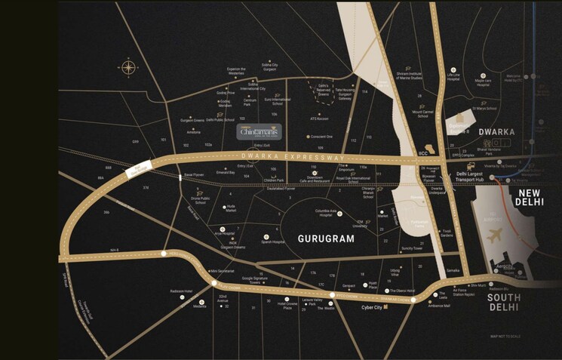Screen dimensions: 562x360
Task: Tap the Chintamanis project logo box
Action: click(260, 131)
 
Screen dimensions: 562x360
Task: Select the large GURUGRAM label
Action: click(325, 238)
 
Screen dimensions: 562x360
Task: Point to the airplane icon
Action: click(495, 236)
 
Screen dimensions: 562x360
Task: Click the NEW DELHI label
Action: click(536, 197)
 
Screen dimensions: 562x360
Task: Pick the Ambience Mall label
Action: click(441, 305)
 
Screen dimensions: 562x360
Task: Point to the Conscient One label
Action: click(321, 137)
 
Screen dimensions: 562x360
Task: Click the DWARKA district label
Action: click(496, 131)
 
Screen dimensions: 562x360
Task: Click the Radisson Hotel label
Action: click(182, 291)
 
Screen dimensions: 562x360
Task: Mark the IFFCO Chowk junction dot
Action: click(333, 294)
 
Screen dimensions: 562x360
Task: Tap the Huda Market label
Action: click(232, 208)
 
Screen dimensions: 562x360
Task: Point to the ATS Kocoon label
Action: click(319, 118)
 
